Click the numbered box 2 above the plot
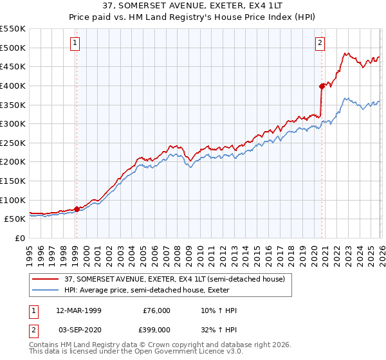(x=320, y=43)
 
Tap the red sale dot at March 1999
(x=77, y=209)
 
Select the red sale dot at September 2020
(x=321, y=85)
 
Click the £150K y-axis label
(x=13, y=181)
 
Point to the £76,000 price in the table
(x=156, y=310)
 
